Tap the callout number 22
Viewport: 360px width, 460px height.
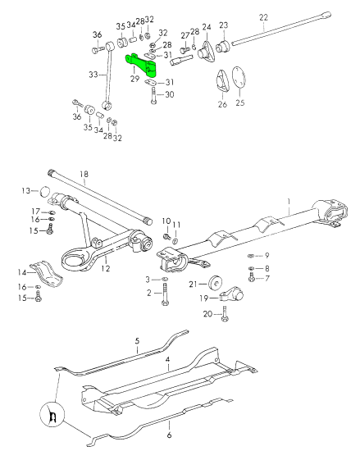click(x=263, y=16)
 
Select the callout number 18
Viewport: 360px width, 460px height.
click(x=84, y=174)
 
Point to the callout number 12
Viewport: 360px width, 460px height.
click(x=105, y=267)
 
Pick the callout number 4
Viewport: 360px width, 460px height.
click(x=167, y=359)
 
